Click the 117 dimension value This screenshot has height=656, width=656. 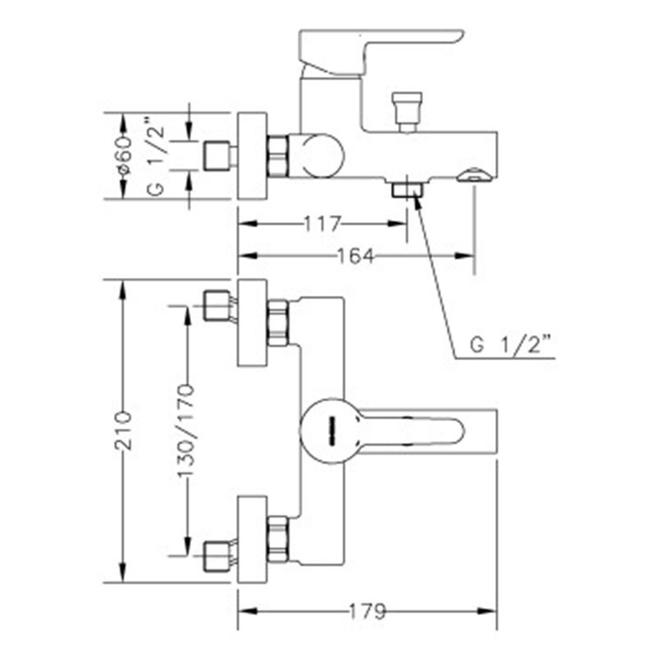(322, 224)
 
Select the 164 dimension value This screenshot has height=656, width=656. (356, 256)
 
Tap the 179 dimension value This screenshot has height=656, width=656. (367, 611)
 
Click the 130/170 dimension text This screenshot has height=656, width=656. (187, 431)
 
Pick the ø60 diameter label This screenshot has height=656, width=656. (125, 154)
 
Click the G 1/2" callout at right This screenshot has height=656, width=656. (510, 345)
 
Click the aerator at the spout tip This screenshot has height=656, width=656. (477, 175)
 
